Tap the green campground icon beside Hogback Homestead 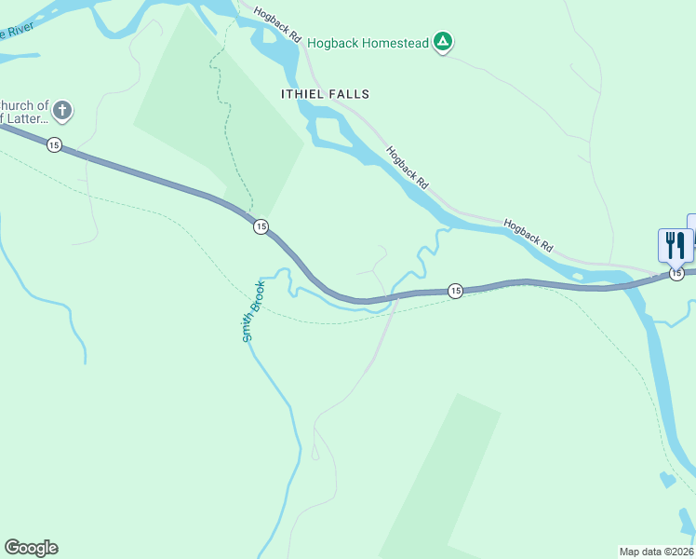click(x=444, y=42)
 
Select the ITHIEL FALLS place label click(x=325, y=94)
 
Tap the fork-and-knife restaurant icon click(x=675, y=245)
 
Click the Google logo click(x=31, y=548)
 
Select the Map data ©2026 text click(x=656, y=551)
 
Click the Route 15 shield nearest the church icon click(x=54, y=145)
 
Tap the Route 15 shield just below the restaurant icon click(x=676, y=274)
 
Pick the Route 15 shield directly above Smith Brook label click(x=261, y=226)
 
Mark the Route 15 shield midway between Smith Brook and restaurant click(x=455, y=292)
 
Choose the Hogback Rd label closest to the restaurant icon click(x=529, y=237)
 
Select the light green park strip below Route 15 click(x=442, y=475)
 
